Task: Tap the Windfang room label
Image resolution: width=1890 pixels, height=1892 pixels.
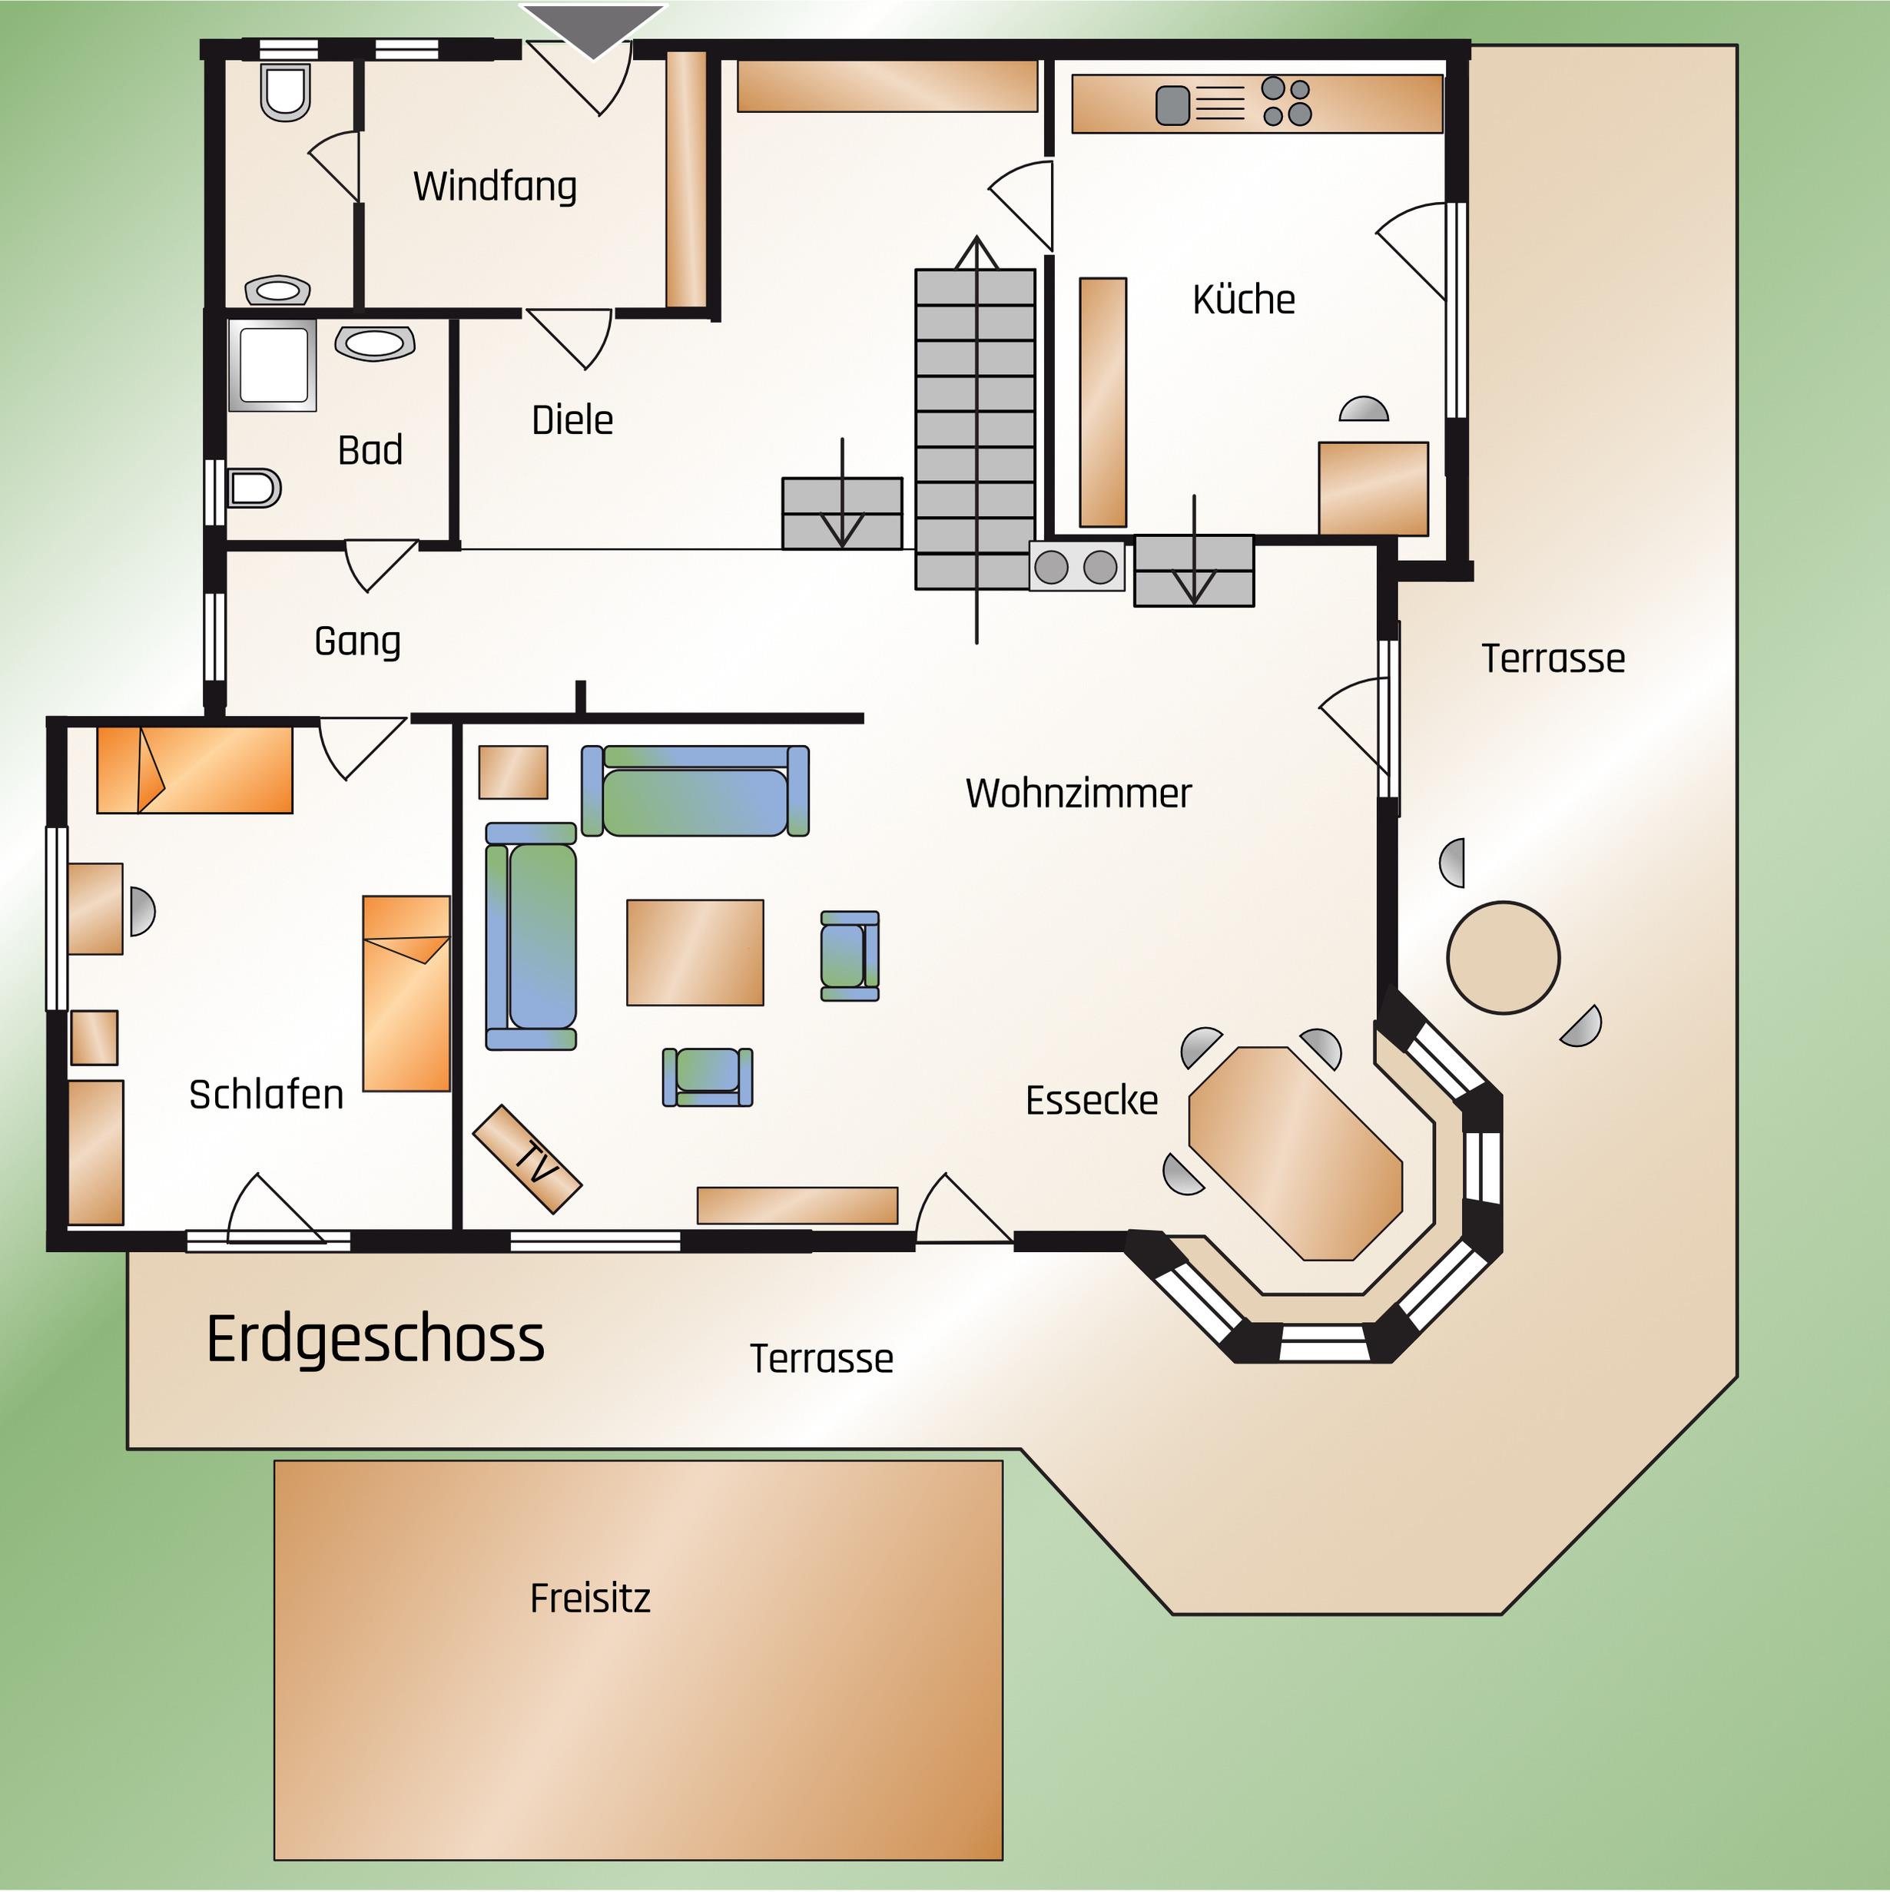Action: click(495, 186)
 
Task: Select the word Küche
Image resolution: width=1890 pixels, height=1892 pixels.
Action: click(1244, 299)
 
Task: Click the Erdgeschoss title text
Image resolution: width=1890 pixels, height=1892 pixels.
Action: click(375, 1340)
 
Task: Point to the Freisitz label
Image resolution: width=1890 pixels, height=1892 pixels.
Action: click(589, 1599)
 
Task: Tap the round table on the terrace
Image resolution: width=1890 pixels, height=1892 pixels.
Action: click(1504, 958)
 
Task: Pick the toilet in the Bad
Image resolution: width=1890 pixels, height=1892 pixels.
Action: click(254, 488)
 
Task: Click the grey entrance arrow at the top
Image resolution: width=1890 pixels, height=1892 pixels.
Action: click(593, 29)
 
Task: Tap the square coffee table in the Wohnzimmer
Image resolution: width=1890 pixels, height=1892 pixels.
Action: click(695, 952)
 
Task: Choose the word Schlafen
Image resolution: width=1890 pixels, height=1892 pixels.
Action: click(267, 1094)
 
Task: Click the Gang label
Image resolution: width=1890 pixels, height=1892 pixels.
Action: click(357, 641)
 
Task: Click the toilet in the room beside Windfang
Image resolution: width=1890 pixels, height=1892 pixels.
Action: click(285, 93)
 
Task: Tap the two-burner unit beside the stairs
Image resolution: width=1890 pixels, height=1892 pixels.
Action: click(1076, 566)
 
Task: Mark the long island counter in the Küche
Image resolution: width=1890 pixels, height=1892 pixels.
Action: click(1102, 403)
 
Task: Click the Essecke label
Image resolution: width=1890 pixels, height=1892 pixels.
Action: click(1092, 1101)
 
